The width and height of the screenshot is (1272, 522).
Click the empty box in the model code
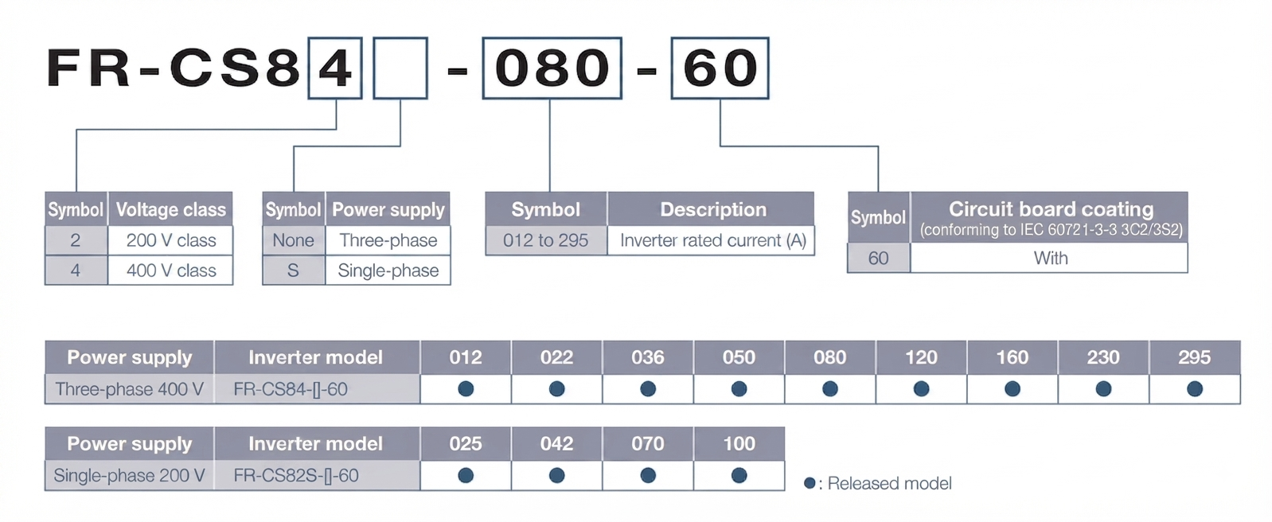[x=400, y=68]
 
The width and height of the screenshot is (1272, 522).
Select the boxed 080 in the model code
[x=552, y=68]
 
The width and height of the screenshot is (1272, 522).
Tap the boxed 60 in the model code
[x=720, y=68]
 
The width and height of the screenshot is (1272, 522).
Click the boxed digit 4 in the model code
[x=335, y=68]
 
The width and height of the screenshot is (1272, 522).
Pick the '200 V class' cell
[x=171, y=240]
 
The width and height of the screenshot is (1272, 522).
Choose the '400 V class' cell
[x=171, y=270]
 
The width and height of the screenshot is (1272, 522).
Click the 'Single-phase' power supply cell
[x=388, y=270]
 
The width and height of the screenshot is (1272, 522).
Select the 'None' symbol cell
[x=294, y=240]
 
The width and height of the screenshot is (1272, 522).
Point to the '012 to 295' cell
[x=546, y=240]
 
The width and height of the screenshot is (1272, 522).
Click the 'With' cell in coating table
[x=1049, y=258]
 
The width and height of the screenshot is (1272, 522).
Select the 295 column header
[x=1195, y=357]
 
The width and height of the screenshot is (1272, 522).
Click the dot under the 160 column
[x=1013, y=388]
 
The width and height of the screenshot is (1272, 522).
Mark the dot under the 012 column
[x=466, y=388]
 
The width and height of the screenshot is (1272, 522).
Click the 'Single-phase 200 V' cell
[x=130, y=476]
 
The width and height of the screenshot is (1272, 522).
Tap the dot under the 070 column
[x=648, y=476]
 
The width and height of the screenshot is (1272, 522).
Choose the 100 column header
[x=739, y=444]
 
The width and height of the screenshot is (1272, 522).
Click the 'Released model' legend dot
[x=810, y=484]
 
